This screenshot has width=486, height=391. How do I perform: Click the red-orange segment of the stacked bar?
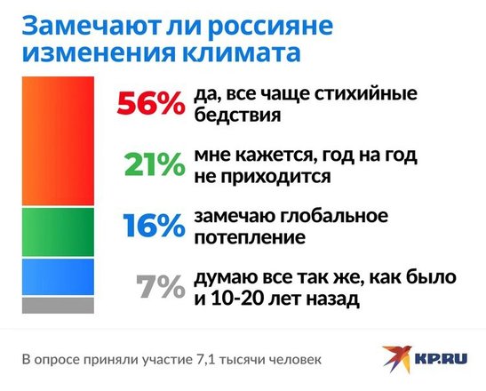coord(58,140)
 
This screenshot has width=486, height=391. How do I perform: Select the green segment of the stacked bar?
coord(58,232)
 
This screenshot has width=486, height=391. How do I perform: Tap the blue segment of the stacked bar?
coord(58,277)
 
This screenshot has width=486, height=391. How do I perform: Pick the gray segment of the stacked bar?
coord(58,306)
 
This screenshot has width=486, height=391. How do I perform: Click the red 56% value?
coord(151,103)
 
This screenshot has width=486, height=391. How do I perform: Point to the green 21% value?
coord(155,164)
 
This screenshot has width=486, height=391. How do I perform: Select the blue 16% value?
coord(154,226)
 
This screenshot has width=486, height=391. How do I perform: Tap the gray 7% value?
coord(161,287)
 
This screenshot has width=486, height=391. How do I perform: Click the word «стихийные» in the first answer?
coord(366,94)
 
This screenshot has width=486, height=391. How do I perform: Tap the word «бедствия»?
coord(238,115)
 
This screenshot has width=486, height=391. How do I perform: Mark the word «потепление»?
coord(250,238)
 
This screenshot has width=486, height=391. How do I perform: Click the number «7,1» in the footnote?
coord(205,360)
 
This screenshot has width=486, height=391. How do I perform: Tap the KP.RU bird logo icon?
coord(397,359)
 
